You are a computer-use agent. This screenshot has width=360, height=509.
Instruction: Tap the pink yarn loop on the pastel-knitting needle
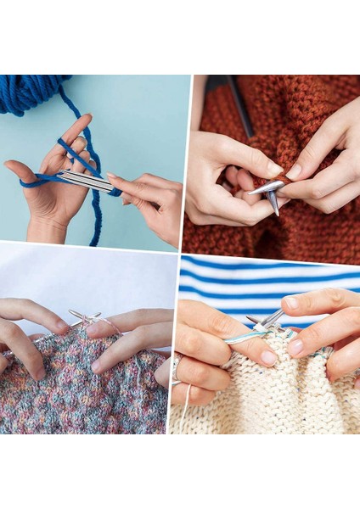pos(92,322)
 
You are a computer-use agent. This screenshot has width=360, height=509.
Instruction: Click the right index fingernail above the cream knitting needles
pos(292,302)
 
